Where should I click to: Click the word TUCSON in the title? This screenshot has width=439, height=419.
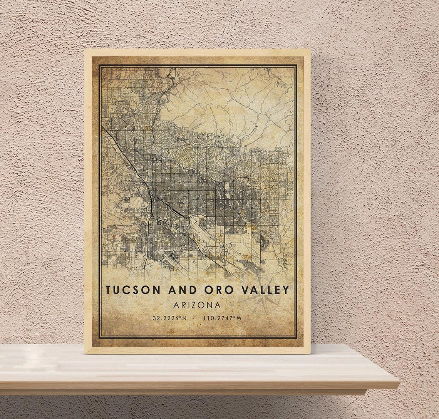point(133,290)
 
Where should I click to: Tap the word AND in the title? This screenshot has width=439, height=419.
point(183,290)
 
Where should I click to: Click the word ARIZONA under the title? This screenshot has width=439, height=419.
point(197,305)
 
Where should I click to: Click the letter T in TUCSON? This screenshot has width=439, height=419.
point(109,290)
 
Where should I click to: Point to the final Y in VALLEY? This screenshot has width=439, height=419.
point(286,290)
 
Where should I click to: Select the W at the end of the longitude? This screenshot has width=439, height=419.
point(239,318)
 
